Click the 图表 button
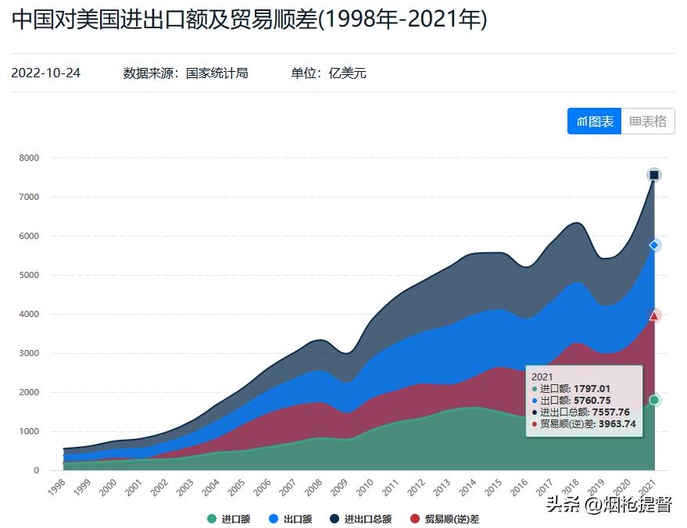point(594,121)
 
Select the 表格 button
point(648,121)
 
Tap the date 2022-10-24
point(45,73)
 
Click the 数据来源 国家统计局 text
point(185,73)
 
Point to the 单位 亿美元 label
point(328,73)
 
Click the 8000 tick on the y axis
point(29,158)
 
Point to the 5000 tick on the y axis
point(29,275)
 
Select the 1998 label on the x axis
point(55,488)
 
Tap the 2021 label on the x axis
point(646,488)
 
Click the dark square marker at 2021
point(654,175)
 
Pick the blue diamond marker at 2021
point(654,245)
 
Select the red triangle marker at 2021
point(654,316)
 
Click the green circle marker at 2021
point(654,400)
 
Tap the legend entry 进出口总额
point(360,519)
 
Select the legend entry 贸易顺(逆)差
point(444,519)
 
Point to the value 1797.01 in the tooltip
point(592,388)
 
